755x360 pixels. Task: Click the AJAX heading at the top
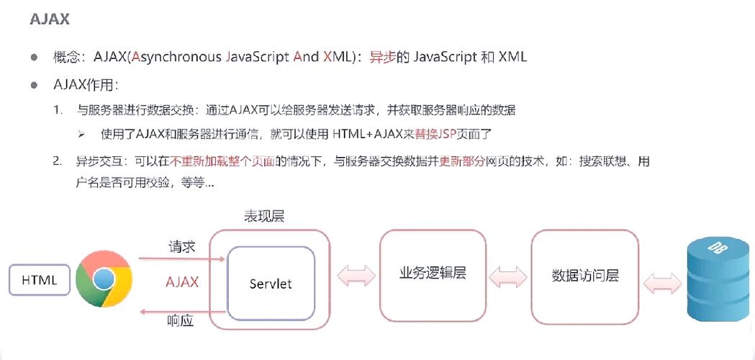50,19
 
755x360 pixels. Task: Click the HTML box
39,281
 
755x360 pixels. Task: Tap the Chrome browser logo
104,279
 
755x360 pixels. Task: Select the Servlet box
271,284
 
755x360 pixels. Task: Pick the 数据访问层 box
584,275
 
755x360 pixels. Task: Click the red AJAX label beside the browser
182,282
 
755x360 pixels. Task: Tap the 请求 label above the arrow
182,246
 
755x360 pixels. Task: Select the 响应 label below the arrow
181,320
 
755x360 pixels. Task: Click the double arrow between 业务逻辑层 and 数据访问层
508,276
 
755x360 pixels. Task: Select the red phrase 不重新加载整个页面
223,160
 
